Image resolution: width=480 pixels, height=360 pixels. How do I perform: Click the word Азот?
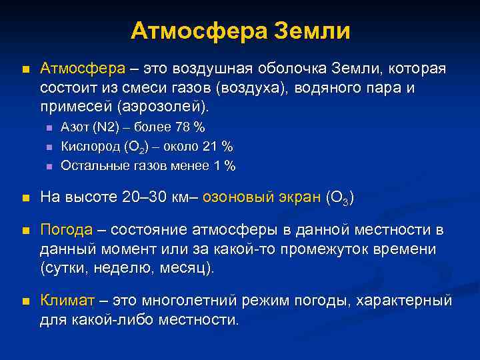tap(74, 127)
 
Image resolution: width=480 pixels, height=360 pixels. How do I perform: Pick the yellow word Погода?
tap(67, 230)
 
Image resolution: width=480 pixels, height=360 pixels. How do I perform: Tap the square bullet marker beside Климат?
tap(25, 301)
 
